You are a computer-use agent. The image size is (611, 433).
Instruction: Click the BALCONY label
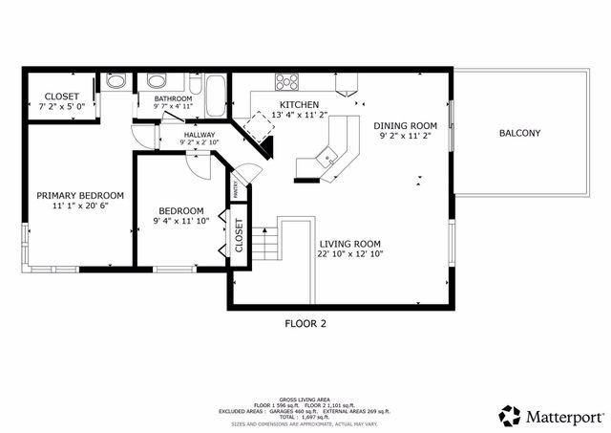tap(519, 133)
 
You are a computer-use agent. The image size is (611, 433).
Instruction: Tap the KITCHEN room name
tap(299, 104)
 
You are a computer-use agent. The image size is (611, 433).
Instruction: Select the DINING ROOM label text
tap(405, 125)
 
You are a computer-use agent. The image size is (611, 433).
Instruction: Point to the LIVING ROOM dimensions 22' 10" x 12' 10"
tap(349, 254)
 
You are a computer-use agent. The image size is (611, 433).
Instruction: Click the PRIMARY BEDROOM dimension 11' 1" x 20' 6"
tap(74, 206)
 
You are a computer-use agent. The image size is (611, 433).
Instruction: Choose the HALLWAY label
tap(200, 135)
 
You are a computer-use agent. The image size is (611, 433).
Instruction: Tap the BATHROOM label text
tap(175, 98)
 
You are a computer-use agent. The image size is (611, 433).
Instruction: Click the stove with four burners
tap(286, 80)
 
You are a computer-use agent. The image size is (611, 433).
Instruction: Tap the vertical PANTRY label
tap(235, 190)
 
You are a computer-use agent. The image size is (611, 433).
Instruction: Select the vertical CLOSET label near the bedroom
tap(238, 236)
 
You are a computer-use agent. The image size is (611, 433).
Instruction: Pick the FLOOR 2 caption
tap(305, 323)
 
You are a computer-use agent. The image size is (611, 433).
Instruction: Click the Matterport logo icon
tap(510, 416)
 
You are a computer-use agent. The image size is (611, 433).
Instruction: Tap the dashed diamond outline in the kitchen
tap(257, 122)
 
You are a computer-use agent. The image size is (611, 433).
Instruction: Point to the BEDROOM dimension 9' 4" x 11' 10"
tap(180, 222)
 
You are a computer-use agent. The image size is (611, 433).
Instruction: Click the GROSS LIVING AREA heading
tap(305, 399)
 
